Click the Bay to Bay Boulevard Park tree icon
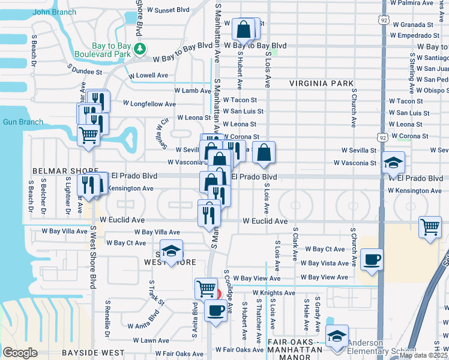[140, 49]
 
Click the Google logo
[20, 353]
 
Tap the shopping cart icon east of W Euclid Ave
[430, 227]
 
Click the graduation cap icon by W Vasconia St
[393, 162]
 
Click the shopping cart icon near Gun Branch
[89, 135]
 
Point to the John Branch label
[50, 12]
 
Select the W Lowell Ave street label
[148, 76]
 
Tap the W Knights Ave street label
[274, 293]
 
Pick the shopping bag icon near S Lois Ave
[264, 152]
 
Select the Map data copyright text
[423, 355]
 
